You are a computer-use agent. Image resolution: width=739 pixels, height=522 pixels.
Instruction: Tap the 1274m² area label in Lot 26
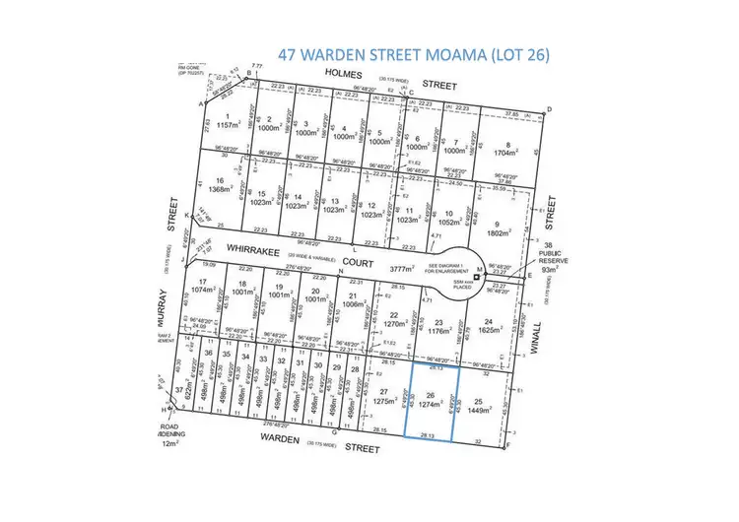(430, 404)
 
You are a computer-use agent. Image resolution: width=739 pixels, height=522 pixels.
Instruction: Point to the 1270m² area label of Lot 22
(395, 323)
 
